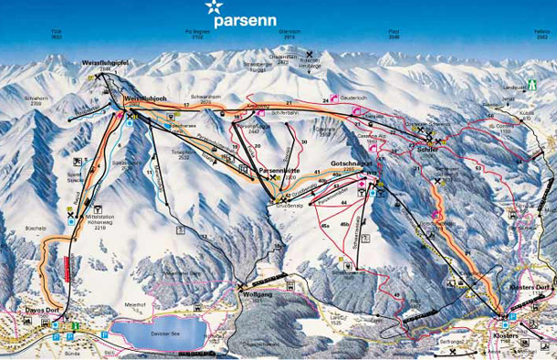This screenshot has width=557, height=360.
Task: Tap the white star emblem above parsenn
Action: [214, 11]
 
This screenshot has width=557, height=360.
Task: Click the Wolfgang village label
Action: [257, 295]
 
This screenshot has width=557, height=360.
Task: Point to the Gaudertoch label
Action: [354, 98]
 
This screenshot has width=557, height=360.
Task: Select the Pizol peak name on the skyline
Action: [394, 30]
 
